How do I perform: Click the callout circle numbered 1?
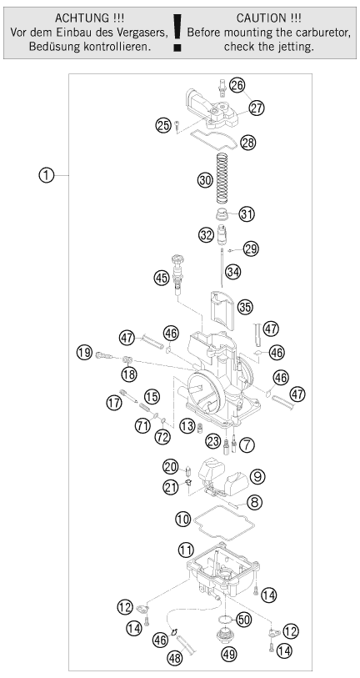tap(46, 176)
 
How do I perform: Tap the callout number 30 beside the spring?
tap(205, 179)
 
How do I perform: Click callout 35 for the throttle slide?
tap(245, 307)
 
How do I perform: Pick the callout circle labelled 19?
tap(85, 353)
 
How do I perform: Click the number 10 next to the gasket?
tap(182, 519)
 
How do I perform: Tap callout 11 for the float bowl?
tap(185, 550)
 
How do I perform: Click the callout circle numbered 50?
tap(243, 620)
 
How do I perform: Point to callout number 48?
tap(176, 658)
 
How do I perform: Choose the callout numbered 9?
tap(257, 476)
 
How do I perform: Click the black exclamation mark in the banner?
tap(177, 33)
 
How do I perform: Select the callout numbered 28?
tap(248, 143)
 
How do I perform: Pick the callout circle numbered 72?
tap(163, 437)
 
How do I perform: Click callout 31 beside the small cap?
tap(247, 214)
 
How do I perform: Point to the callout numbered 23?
tap(213, 441)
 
